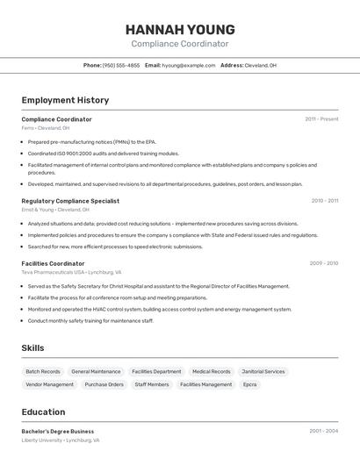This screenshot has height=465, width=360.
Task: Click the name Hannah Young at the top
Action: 180,29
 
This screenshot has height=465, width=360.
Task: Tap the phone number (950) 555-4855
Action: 120,66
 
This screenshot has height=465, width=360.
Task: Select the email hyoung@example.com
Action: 189,66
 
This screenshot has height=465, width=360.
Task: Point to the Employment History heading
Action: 65,100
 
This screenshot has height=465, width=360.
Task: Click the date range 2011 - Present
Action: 321,119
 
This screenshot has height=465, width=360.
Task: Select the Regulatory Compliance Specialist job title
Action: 70,201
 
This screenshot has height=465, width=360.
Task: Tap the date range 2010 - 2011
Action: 324,201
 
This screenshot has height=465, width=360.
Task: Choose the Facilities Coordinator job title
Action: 53,263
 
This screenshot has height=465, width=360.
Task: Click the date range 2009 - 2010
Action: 323,263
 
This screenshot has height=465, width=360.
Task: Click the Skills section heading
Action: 32,348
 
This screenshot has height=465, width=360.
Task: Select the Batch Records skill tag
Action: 43,372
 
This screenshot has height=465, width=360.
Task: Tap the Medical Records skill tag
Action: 212,372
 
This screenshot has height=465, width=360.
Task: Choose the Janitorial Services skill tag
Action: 263,372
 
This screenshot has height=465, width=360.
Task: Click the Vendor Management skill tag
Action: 50,384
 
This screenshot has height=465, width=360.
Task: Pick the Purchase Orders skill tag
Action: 104,384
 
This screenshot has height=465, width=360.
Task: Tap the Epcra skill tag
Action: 250,384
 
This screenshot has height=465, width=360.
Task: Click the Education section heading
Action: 43,412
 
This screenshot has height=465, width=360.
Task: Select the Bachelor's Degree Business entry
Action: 58,432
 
